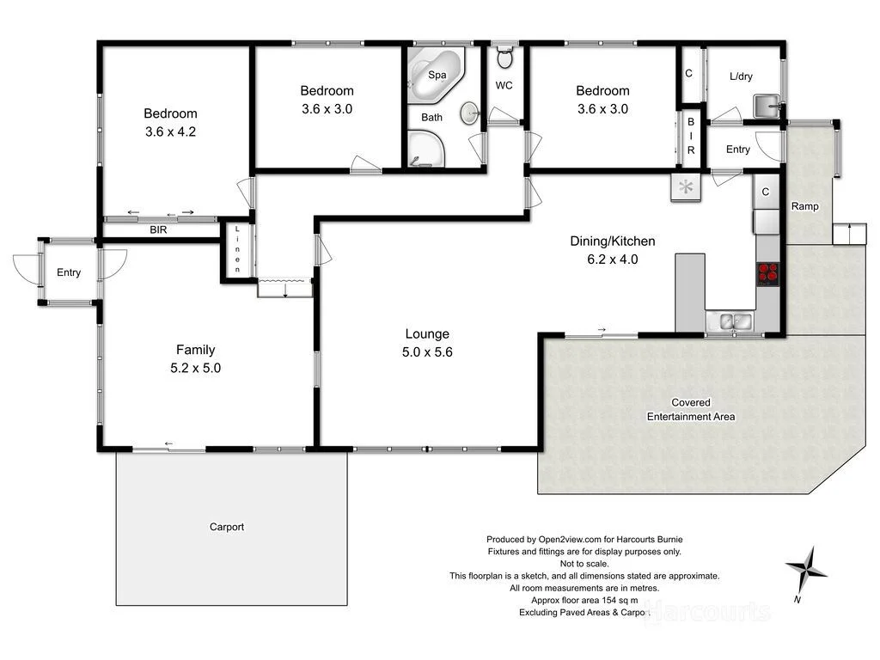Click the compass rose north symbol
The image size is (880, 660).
tap(806, 568)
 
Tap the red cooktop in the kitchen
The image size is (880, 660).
tap(767, 273)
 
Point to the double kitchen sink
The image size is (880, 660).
tap(733, 321)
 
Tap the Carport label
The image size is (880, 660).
tap(227, 527)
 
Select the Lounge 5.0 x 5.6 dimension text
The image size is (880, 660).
tap(427, 351)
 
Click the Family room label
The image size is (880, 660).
tap(195, 350)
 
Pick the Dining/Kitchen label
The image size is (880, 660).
tap(614, 241)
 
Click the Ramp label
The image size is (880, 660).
tap(804, 206)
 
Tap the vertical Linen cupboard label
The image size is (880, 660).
tap(238, 249)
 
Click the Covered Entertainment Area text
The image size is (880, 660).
tap(690, 410)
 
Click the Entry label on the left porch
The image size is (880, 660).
tap(69, 272)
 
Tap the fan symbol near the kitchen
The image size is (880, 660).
tap(686, 188)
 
